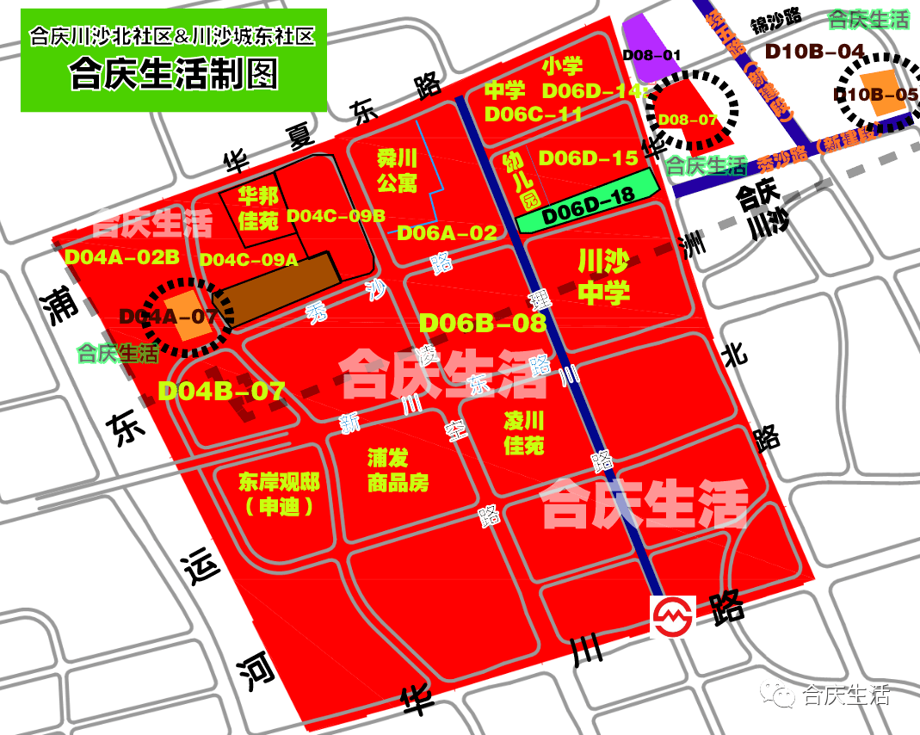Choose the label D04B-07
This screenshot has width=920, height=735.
coord(221,391)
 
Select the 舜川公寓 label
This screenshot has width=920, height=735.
coord(397,170)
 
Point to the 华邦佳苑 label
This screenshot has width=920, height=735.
coord(258,208)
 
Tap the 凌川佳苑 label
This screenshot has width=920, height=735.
coord(524,433)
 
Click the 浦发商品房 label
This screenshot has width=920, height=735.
coord(398,469)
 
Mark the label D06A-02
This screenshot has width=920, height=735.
coord(447,232)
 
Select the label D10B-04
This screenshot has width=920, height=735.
coord(814,51)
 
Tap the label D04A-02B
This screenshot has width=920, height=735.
coord(121,256)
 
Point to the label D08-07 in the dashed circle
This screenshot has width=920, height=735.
coord(686,120)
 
